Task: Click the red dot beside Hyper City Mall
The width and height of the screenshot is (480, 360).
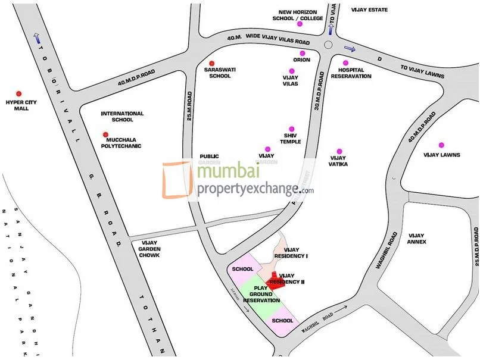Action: click(18, 93)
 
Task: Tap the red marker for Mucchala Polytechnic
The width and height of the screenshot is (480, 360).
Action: click(106, 134)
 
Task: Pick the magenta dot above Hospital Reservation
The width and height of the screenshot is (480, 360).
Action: click(345, 63)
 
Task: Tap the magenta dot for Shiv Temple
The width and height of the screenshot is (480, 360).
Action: click(292, 129)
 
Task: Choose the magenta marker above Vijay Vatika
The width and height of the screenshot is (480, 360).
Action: click(339, 151)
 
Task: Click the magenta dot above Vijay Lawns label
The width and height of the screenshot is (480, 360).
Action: click(441, 145)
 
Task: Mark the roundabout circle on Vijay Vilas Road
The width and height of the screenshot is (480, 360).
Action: click(329, 45)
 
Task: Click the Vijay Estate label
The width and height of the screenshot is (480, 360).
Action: click(369, 10)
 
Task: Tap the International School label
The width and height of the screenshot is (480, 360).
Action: click(122, 117)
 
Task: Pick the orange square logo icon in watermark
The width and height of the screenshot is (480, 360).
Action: click(178, 179)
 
